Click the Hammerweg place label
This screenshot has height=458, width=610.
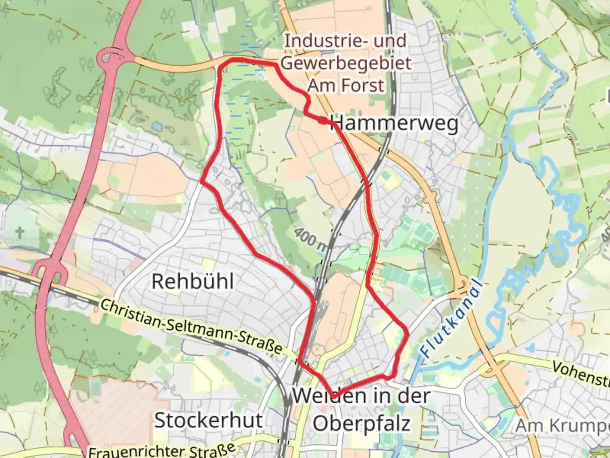click(395, 123)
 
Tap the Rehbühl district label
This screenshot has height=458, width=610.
click(193, 281)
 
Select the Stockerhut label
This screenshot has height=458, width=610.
click(208, 420)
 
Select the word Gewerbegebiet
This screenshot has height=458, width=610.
click(346, 63)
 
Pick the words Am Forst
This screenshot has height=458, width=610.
click(346, 85)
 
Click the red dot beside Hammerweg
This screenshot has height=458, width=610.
click(323, 121)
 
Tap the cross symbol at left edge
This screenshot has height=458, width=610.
click(19, 232)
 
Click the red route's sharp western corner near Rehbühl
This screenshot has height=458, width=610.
click(201, 183)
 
